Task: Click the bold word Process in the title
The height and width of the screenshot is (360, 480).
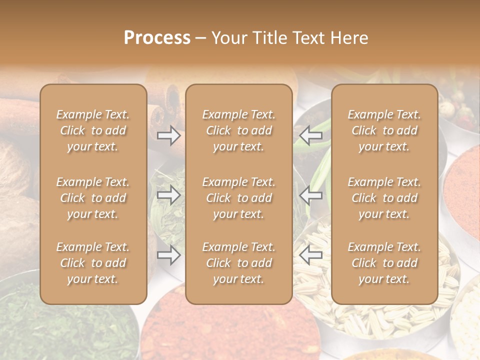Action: (x=157, y=38)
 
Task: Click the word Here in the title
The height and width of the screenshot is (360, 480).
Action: (x=348, y=38)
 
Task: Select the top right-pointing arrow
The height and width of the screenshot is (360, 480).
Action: (x=168, y=135)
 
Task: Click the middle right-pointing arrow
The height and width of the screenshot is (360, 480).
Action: (x=168, y=195)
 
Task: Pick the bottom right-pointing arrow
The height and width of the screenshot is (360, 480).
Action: (x=168, y=255)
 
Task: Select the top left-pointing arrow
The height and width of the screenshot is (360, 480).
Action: (x=310, y=135)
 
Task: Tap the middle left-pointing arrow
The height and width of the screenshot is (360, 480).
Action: (x=310, y=195)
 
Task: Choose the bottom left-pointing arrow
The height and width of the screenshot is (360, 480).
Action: (x=310, y=255)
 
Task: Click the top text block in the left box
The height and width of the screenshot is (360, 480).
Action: (x=93, y=130)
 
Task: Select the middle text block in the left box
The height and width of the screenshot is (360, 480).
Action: (x=93, y=198)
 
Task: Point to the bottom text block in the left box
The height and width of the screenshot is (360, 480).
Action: (x=93, y=263)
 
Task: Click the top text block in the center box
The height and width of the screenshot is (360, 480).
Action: (x=239, y=130)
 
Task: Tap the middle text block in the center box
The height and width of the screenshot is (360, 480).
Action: (x=239, y=198)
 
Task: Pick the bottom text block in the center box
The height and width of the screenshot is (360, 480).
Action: (x=239, y=263)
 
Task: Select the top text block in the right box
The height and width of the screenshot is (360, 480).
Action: (x=384, y=130)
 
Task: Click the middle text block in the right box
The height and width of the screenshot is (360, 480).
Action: (x=384, y=198)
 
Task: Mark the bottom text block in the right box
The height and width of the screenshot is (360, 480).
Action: (x=384, y=263)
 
